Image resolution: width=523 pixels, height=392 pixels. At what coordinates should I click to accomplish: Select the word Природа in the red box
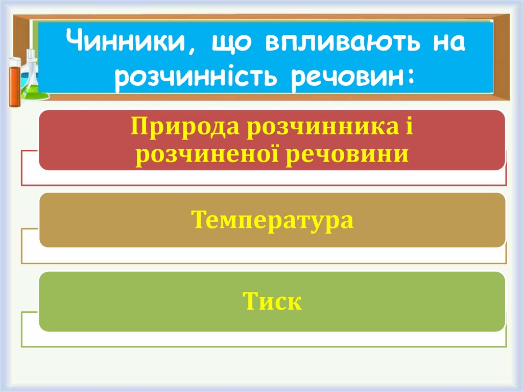click(x=185, y=126)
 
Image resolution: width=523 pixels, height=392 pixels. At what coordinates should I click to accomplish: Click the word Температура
click(x=272, y=220)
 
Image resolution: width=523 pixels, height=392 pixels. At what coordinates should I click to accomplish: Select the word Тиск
click(x=272, y=301)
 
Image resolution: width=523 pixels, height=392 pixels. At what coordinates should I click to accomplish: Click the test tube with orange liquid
click(x=14, y=82)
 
